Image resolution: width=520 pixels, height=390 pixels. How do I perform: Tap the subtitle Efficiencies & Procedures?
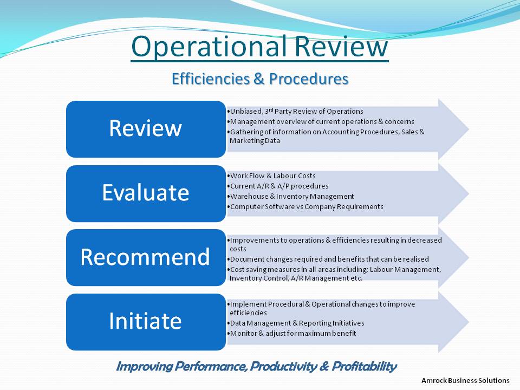click(x=260, y=79)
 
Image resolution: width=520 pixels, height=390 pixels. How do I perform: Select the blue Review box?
click(x=146, y=129)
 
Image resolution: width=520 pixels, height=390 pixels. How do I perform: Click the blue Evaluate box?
click(x=146, y=193)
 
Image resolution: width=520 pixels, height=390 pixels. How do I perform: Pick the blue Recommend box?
click(x=146, y=257)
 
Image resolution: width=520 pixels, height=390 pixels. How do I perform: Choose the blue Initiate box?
click(x=146, y=322)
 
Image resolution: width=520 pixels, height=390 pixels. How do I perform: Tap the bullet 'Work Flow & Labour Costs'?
click(x=271, y=175)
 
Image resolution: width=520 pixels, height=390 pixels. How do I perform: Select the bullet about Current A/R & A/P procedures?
click(x=278, y=186)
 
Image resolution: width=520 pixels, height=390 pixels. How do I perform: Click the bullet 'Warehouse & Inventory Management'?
click(x=290, y=196)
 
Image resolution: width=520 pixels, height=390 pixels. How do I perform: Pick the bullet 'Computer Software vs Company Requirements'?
click(x=305, y=206)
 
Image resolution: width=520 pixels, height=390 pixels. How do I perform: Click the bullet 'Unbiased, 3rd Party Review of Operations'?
click(x=295, y=111)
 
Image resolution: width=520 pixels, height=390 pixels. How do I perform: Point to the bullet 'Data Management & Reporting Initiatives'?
click(x=296, y=323)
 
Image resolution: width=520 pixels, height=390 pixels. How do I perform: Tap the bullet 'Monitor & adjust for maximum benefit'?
click(x=291, y=333)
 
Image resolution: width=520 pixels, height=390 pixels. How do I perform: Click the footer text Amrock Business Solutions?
click(x=465, y=380)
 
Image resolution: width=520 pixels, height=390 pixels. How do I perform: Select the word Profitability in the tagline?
click(x=364, y=367)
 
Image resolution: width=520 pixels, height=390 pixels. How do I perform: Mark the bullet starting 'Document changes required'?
click(x=328, y=259)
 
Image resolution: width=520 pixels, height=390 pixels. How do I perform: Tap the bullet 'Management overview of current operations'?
click(x=321, y=121)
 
